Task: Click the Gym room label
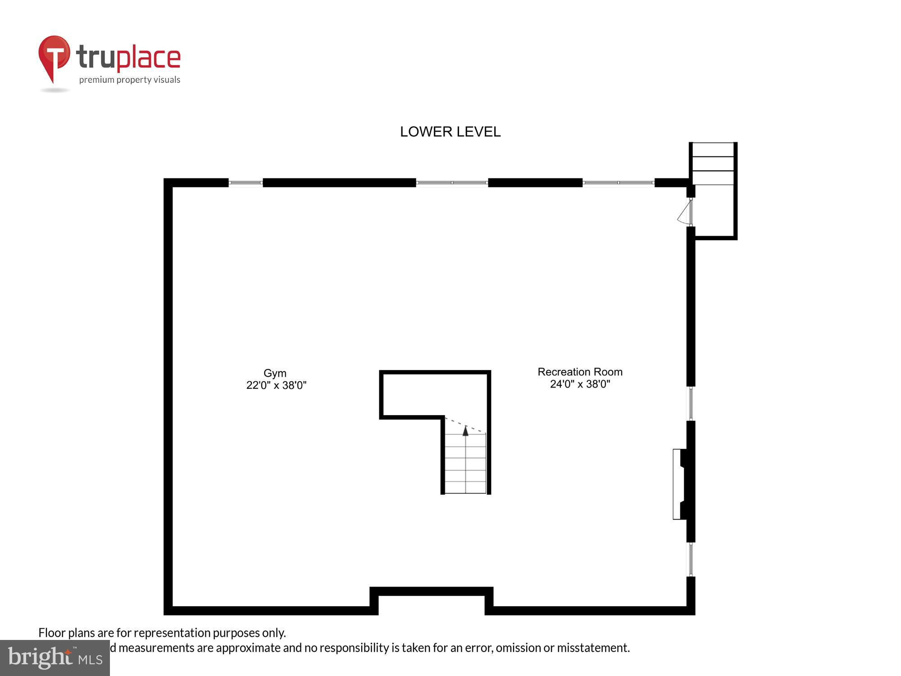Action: coord(275,373)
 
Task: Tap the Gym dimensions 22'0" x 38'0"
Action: coord(276,385)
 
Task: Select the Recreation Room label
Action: coord(580,372)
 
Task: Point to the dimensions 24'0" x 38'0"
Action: coord(580,384)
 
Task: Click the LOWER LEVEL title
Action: coord(450,132)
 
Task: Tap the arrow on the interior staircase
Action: coord(465,431)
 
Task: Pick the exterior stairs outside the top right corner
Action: coord(713,164)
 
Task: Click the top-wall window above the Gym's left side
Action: coord(246,183)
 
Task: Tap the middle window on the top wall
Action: coord(452,183)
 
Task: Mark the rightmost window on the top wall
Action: coord(618,183)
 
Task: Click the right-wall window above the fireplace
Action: coord(691,403)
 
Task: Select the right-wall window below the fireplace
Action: coord(691,559)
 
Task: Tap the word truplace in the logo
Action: coord(128,58)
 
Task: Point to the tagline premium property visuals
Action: coord(130,80)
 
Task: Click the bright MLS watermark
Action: coord(55,658)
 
